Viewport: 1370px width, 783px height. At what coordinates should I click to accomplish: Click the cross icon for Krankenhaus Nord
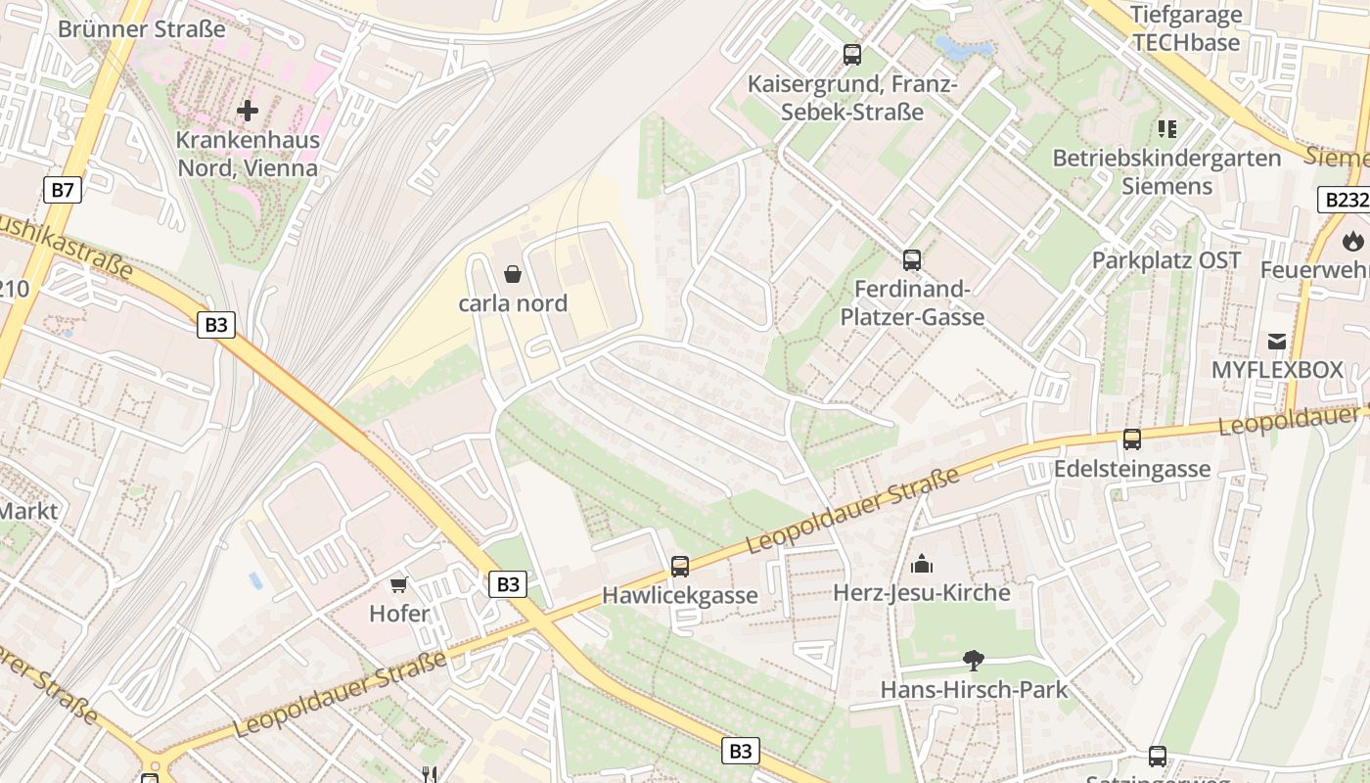click(248, 111)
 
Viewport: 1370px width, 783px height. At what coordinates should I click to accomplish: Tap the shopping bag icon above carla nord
click(512, 274)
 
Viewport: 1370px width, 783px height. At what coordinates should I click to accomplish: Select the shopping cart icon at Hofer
click(398, 585)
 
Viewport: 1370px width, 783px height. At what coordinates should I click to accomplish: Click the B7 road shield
click(61, 190)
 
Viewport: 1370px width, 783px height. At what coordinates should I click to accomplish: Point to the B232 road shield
click(1344, 200)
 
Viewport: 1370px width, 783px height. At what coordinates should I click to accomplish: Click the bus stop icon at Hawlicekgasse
click(679, 566)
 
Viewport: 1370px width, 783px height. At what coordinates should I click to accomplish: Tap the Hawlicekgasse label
click(679, 595)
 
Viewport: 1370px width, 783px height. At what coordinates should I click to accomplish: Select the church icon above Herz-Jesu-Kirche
click(921, 564)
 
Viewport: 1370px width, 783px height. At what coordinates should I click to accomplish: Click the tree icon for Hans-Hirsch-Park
click(973, 660)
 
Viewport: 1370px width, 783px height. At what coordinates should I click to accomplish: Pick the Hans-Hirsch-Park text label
click(974, 689)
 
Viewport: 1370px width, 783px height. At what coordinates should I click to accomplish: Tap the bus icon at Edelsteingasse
click(1132, 439)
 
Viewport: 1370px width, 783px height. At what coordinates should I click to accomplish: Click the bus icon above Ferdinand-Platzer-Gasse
click(912, 260)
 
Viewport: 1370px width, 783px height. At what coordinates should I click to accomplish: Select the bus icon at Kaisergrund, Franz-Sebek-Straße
click(852, 55)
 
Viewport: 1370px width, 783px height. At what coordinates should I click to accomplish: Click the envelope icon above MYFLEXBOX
click(1277, 342)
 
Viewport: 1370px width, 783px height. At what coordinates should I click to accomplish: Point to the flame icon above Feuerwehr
click(1353, 240)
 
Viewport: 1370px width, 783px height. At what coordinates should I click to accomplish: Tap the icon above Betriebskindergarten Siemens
click(1166, 128)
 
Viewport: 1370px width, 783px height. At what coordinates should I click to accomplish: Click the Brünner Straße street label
click(142, 28)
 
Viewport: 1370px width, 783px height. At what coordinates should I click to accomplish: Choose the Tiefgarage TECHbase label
click(1185, 28)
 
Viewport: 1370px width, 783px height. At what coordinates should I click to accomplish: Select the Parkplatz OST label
click(1165, 260)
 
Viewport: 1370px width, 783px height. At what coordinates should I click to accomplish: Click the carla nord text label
click(513, 303)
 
